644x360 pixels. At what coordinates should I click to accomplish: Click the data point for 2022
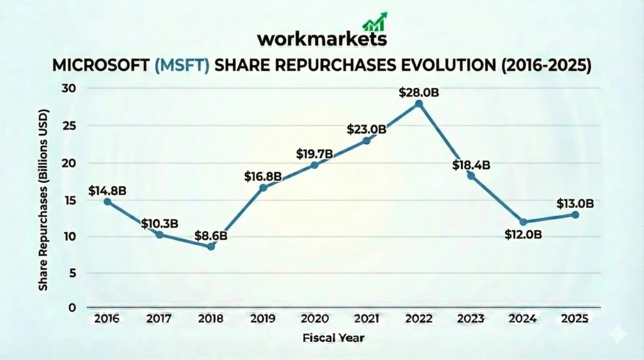point(419,104)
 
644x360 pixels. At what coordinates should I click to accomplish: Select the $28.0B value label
point(419,92)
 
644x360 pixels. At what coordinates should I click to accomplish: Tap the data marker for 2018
point(211,247)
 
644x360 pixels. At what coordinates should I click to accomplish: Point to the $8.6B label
point(211,236)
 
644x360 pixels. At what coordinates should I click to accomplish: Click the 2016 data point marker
point(108,201)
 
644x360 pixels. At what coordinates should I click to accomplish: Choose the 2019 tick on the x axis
point(263,319)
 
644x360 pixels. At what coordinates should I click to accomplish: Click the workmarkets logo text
point(321,39)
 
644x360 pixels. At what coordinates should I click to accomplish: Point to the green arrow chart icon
point(375,21)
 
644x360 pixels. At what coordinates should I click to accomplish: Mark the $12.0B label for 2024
point(523,235)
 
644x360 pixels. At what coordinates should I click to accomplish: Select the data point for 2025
point(575,215)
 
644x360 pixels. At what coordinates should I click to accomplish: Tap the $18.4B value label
point(471,166)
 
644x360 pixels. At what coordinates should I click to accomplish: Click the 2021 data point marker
point(367,140)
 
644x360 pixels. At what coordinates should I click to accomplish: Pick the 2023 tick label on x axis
point(471,319)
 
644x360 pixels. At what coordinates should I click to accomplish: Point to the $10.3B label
point(159,223)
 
